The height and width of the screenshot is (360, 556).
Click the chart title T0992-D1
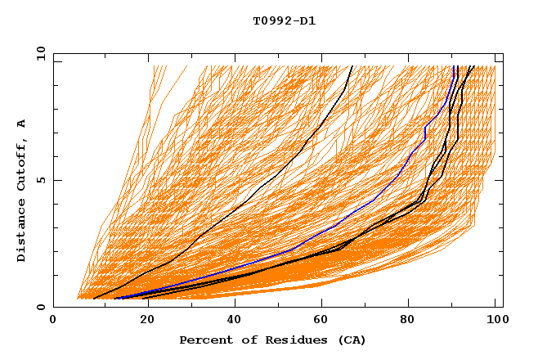click(x=285, y=21)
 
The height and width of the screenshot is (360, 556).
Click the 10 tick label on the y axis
click(x=39, y=53)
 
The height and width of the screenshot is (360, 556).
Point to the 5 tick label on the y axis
click(x=43, y=180)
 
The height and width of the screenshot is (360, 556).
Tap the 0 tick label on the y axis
click(x=43, y=307)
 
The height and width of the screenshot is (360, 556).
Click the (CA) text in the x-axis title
click(x=350, y=340)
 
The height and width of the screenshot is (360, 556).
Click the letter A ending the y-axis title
click(x=22, y=123)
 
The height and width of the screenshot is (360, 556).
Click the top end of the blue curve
click(x=454, y=66)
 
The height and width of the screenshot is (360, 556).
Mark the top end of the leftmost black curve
click(x=352, y=66)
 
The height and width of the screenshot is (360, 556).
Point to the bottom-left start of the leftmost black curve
click(x=95, y=298)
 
